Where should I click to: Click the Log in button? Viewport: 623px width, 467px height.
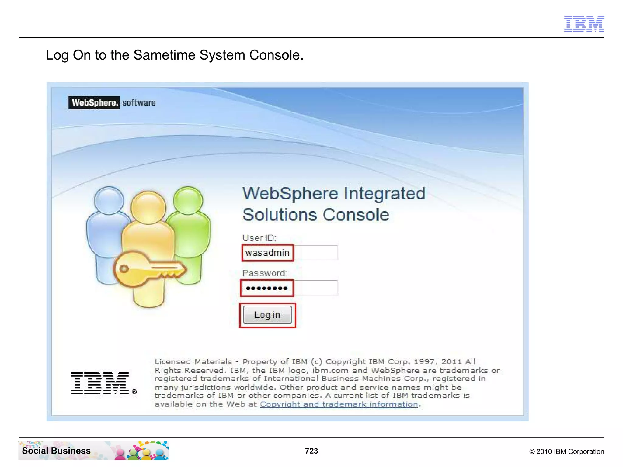coord(267,315)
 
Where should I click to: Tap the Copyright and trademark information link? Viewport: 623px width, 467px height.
coord(339,404)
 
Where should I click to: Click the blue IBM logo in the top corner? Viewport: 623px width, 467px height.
coord(584,23)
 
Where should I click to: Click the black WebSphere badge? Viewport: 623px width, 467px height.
coord(94,103)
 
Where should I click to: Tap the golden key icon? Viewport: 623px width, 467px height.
coord(149,269)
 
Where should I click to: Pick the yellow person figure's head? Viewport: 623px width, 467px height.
coord(148,208)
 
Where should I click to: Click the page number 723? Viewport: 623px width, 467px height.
coord(311,451)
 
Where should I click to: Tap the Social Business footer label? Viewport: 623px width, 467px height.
coord(56,451)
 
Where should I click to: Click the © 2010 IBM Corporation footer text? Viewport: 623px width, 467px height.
coord(566,451)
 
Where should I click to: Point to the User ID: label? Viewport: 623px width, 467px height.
coord(259,238)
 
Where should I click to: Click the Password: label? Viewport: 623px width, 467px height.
coord(264,273)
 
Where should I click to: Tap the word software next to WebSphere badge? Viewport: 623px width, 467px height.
coord(139,103)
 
